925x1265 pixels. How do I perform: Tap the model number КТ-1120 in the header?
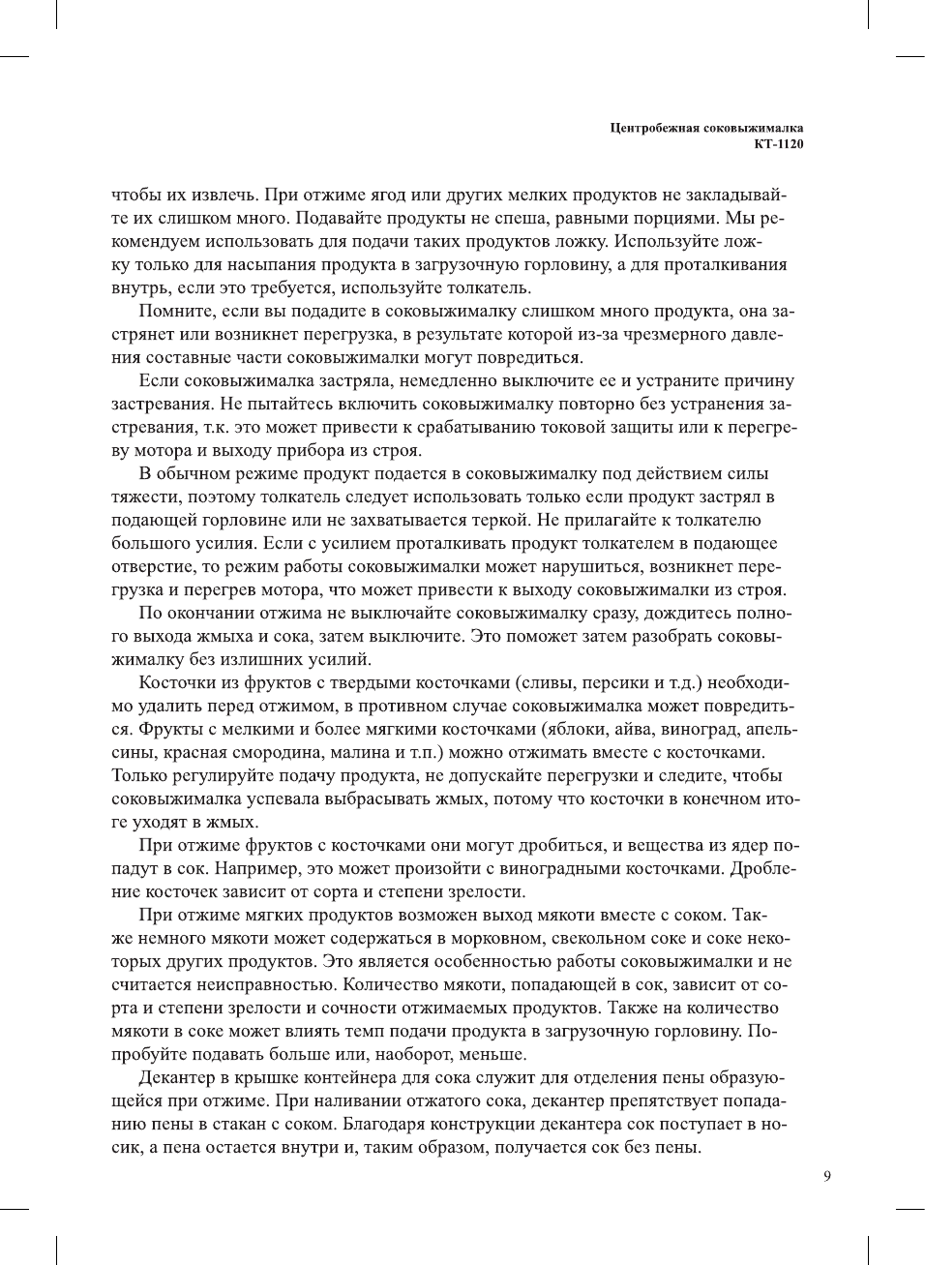tap(779, 144)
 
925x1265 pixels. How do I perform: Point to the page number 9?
tap(826, 1176)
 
